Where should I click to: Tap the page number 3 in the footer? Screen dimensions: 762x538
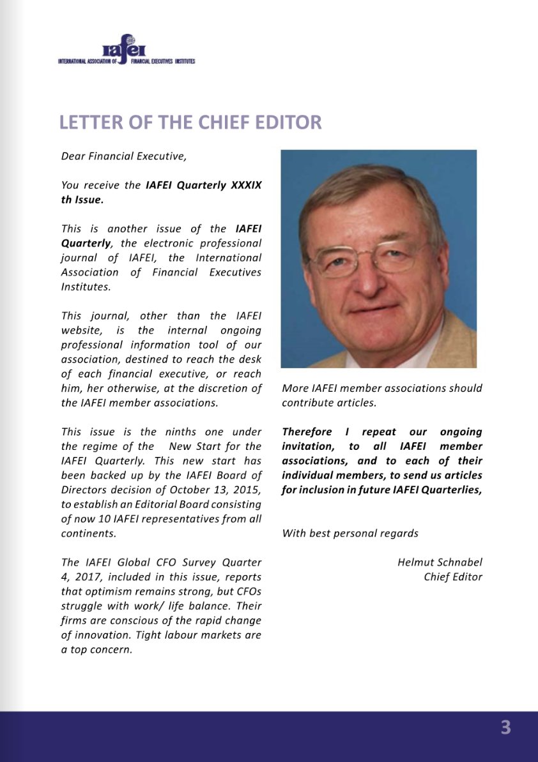pos(505,728)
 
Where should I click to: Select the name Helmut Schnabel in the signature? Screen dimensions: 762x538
pos(440,562)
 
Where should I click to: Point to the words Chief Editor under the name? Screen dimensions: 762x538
pos(452,577)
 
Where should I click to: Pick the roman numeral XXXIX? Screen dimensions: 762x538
pos(245,185)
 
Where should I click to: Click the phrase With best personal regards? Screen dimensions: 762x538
pos(350,533)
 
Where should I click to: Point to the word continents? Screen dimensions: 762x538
pos(88,532)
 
